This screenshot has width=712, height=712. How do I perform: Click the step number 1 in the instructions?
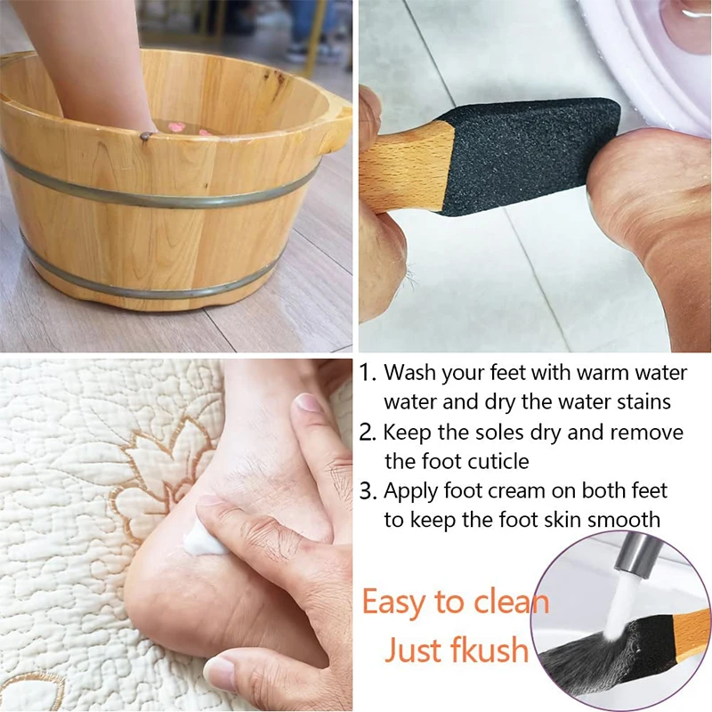368,371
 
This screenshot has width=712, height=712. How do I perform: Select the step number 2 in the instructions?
368,433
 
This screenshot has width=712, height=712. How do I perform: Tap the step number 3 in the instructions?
368,490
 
